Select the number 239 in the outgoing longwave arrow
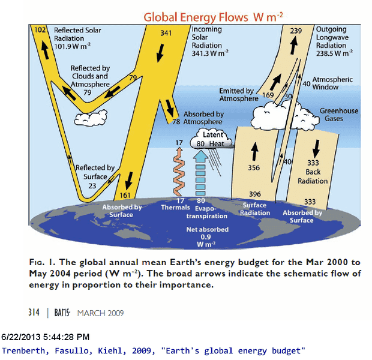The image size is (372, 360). click(x=296, y=31)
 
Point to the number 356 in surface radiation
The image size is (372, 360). click(x=253, y=168)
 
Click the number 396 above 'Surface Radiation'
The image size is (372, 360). click(x=254, y=194)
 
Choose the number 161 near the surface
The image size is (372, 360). click(x=125, y=196)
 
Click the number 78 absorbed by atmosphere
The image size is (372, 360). click(x=176, y=121)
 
